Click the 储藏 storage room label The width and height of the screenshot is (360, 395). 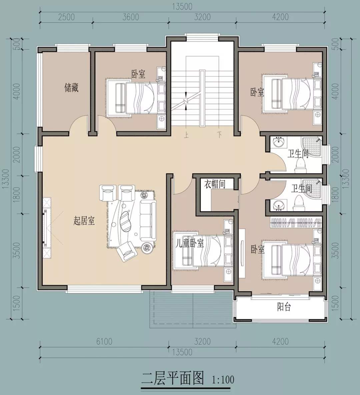coord(71,88)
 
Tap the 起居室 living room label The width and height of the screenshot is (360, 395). coord(84,221)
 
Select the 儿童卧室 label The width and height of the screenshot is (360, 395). coord(189,243)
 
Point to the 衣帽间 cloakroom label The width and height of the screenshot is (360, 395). coord(215,184)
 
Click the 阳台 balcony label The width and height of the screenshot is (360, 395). coord(284,307)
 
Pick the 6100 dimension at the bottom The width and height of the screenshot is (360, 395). coord(104,342)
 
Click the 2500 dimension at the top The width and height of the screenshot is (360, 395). coord(66,17)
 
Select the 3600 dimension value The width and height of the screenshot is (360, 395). coord(130,17)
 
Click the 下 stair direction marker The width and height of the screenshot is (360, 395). coord(219,135)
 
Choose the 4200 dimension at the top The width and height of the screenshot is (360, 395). coord(280,17)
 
